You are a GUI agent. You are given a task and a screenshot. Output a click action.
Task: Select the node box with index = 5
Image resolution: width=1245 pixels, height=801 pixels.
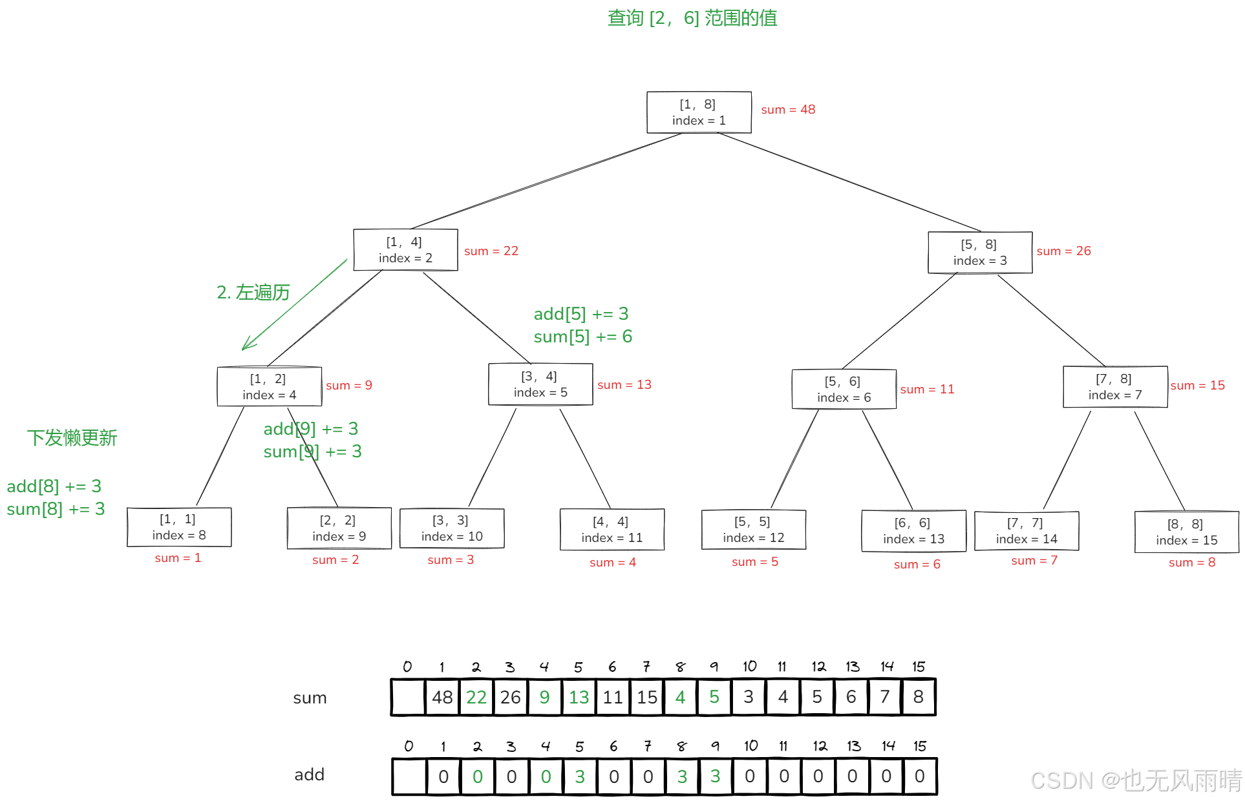click(x=540, y=384)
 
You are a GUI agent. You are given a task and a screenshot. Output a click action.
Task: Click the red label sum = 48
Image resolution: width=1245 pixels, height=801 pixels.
click(x=788, y=110)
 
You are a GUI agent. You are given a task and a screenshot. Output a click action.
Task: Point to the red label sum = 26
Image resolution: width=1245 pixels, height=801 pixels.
click(x=1063, y=251)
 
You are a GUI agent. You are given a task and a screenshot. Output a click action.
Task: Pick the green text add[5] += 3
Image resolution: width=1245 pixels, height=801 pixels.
click(x=580, y=314)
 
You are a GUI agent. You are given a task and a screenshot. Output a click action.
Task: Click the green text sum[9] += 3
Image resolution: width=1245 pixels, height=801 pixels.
click(x=312, y=452)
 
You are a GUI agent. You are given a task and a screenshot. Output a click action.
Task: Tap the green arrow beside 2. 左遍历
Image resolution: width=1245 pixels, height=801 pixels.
click(x=294, y=305)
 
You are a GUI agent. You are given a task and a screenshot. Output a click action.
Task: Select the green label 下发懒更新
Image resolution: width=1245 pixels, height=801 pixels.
click(x=72, y=438)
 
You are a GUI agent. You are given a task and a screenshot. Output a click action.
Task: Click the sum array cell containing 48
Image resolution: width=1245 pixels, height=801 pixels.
click(x=442, y=697)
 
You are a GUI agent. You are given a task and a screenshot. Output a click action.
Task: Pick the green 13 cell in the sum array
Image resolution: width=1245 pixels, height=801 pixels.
click(x=579, y=697)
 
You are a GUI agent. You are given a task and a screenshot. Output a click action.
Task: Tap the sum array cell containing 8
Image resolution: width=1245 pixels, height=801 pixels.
click(x=918, y=697)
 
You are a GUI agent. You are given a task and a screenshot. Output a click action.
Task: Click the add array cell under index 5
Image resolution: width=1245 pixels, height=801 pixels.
click(x=580, y=776)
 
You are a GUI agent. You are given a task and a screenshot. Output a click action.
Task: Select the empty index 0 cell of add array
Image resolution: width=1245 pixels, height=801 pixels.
click(x=409, y=776)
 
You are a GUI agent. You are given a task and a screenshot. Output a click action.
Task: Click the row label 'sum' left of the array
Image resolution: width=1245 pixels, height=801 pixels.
click(x=310, y=698)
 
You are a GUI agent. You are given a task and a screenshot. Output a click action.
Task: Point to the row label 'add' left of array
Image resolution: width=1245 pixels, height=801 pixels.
click(x=309, y=775)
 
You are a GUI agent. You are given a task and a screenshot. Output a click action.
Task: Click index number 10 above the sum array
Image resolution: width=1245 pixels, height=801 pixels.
click(x=749, y=666)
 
